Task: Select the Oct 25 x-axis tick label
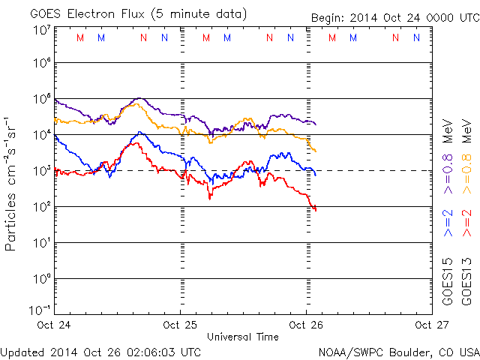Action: click(180, 325)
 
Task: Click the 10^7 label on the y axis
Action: click(41, 30)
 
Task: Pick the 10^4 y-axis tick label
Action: click(41, 134)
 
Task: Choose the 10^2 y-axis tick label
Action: click(41, 205)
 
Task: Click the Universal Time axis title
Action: click(243, 337)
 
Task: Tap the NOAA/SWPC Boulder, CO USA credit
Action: click(398, 352)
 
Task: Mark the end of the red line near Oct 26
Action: click(316, 209)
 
